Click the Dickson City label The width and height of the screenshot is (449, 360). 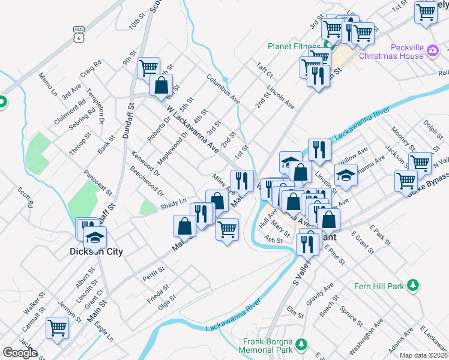(x=97, y=252)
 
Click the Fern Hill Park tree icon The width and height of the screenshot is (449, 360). (x=413, y=286)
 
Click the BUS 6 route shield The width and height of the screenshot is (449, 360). (x=79, y=34)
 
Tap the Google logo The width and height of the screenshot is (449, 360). (x=20, y=353)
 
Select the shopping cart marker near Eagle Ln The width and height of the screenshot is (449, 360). (x=58, y=328)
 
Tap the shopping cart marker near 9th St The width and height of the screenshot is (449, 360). (x=148, y=67)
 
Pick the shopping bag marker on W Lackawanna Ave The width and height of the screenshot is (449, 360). (x=161, y=85)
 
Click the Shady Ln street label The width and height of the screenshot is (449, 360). (x=173, y=205)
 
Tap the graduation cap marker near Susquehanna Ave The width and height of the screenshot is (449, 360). (x=346, y=175)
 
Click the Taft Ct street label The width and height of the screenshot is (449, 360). (x=264, y=70)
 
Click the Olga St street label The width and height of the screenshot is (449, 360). (x=167, y=299)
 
